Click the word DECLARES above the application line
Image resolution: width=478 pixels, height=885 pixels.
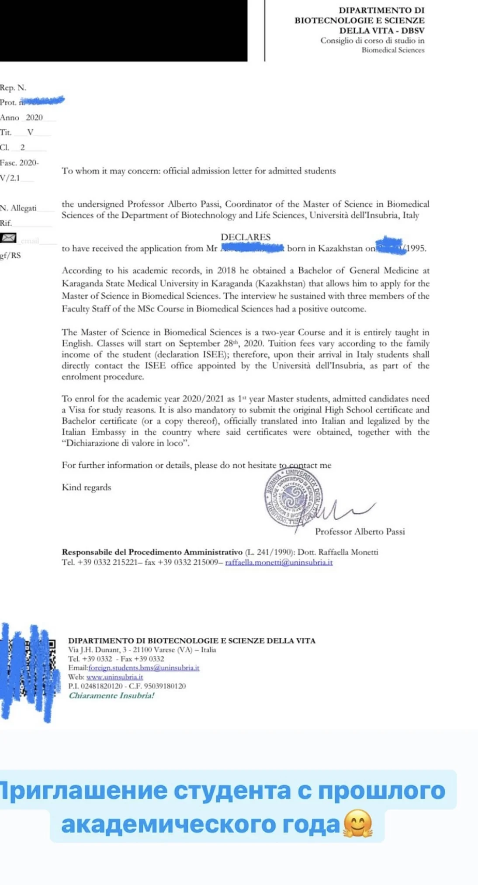tap(246, 237)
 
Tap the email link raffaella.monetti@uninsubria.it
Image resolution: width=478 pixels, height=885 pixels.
tap(279, 562)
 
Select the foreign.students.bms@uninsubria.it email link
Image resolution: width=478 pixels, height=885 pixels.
tap(144, 667)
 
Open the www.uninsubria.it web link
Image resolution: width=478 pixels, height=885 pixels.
tap(114, 677)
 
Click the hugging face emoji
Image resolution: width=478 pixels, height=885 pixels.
tap(358, 824)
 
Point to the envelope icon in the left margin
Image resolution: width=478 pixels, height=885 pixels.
tap(8, 238)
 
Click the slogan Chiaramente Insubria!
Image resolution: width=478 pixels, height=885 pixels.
tap(111, 695)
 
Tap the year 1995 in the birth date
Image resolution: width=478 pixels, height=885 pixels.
tap(416, 248)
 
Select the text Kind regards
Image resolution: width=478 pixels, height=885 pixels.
tap(87, 487)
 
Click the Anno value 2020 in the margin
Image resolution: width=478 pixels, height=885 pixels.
tap(34, 117)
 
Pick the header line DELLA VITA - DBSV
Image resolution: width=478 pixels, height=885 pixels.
tap(381, 30)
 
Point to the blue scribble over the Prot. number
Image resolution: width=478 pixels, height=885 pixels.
tap(43, 101)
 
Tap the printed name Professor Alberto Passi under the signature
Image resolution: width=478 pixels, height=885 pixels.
tap(360, 531)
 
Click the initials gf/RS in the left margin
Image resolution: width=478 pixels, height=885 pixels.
tap(10, 255)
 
